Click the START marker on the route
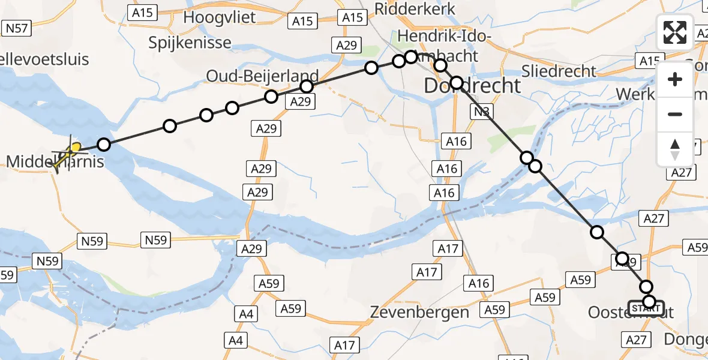(x=646, y=308)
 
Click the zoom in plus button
(x=675, y=80)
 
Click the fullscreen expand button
(x=675, y=32)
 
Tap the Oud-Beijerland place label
(x=262, y=76)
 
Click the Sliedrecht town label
(x=559, y=71)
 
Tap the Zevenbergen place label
(x=419, y=312)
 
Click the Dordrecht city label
(x=472, y=86)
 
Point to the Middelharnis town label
(x=55, y=161)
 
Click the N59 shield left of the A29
(x=155, y=241)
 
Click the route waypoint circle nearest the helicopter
(x=104, y=145)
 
